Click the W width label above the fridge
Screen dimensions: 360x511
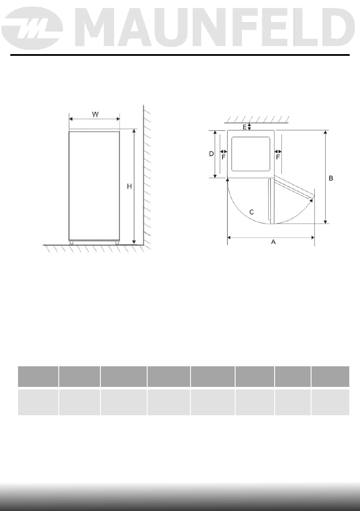pos(95,114)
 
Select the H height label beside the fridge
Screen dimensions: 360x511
pos(130,186)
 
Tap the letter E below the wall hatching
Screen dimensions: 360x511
pos(245,127)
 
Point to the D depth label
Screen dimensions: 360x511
pos(212,153)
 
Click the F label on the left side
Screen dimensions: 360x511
pos(223,157)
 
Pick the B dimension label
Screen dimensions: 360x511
pos(331,178)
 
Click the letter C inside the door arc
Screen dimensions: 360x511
pos(251,212)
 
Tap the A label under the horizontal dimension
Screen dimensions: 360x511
pos(273,242)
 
